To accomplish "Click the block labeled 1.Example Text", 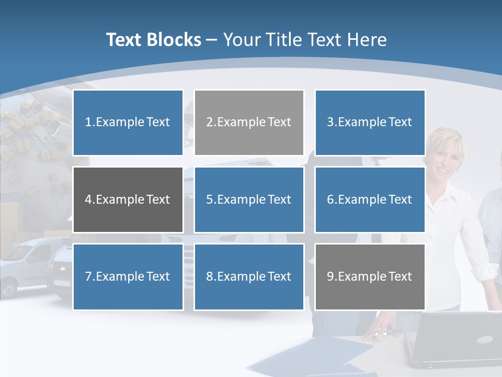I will [x=128, y=123].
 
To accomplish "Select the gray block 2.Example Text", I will [x=249, y=123].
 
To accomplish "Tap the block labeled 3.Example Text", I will [x=370, y=123].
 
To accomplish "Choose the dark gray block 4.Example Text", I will [x=128, y=199].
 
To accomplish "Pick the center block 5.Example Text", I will [x=249, y=199].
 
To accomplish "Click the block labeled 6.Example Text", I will [x=370, y=199].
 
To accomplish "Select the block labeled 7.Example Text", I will [x=128, y=276].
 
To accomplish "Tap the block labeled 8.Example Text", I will [x=249, y=276].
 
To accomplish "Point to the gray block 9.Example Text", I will [x=370, y=276].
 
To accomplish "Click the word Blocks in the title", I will [x=175, y=40].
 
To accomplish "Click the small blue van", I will [x=24, y=264].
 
